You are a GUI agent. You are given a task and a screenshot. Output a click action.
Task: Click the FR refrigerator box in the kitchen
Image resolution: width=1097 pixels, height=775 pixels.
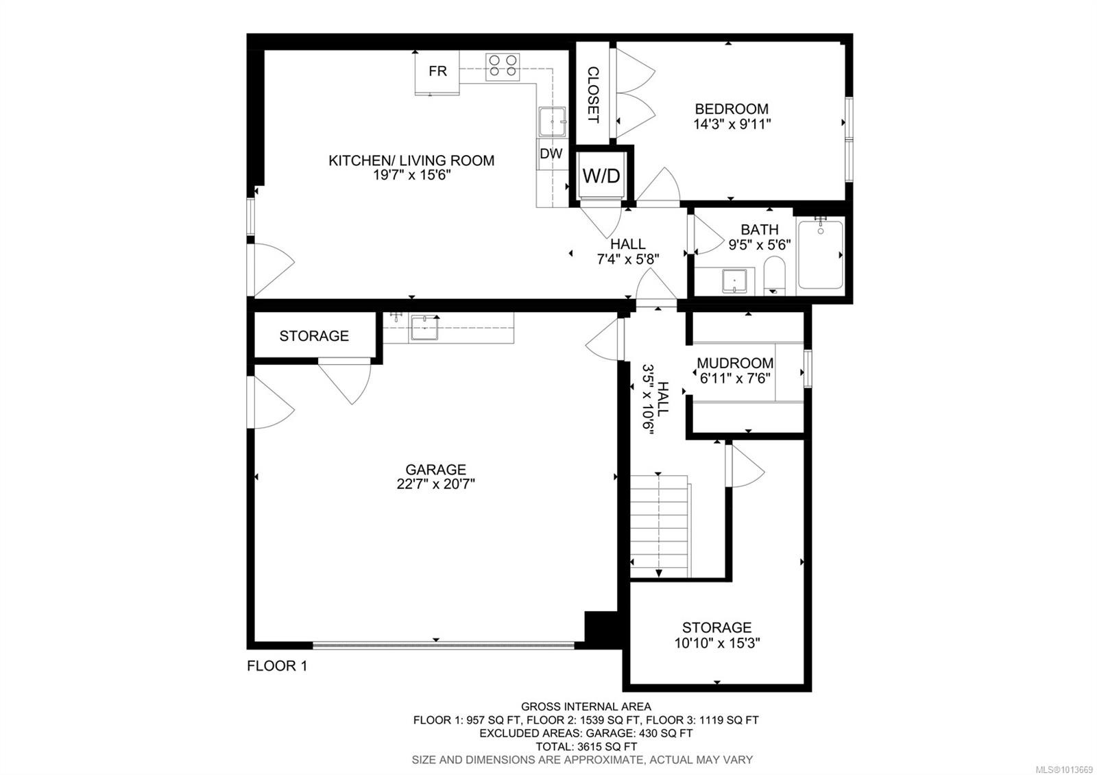pos(437,71)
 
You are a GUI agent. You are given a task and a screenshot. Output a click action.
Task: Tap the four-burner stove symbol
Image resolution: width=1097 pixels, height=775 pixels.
pos(502,67)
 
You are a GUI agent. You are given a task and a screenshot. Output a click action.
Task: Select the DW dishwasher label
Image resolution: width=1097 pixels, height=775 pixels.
pos(551,154)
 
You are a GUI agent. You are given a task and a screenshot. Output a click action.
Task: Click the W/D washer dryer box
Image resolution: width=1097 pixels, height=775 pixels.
pos(601,176)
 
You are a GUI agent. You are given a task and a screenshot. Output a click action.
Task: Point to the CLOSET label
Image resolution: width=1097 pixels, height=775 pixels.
pos(592,94)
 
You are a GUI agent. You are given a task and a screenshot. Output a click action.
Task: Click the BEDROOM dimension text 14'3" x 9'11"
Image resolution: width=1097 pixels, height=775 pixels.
pos(732,124)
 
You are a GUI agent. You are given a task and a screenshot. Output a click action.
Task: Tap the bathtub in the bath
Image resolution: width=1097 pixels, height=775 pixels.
pos(820,254)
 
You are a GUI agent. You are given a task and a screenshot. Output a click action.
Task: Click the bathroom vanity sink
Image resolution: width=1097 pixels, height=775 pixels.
pos(734,281)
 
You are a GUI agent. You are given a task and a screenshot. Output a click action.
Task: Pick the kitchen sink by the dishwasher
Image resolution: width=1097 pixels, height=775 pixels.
pos(552,122)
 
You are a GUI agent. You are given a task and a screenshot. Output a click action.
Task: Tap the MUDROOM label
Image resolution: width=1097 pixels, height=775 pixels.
pos(735,363)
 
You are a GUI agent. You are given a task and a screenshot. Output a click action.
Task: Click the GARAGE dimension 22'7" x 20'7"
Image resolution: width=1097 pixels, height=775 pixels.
pos(435,484)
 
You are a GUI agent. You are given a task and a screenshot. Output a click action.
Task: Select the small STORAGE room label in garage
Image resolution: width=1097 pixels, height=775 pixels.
pos(314,336)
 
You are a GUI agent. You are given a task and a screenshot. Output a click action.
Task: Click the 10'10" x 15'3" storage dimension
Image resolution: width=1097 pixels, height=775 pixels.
pos(716,643)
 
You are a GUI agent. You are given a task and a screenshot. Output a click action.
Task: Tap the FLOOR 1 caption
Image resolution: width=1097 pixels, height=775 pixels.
pos(277,665)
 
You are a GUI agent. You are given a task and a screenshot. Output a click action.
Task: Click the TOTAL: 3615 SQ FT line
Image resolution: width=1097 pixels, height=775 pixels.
pos(586,746)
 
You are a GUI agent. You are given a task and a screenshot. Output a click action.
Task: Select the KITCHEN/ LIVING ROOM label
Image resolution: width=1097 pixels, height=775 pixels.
pos(411,160)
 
